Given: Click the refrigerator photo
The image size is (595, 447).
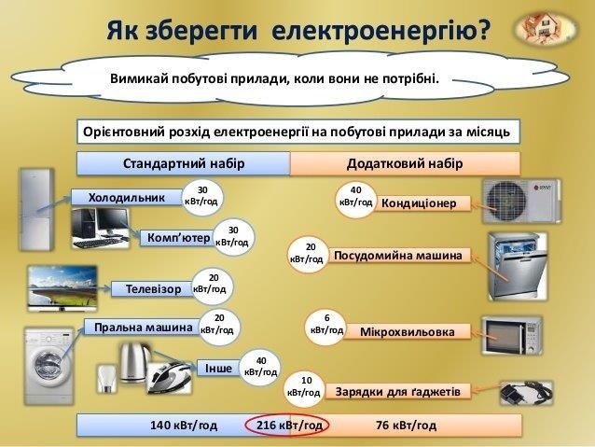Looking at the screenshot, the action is pos(36,209).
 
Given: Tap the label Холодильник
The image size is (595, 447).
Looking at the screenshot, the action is pos(127,198).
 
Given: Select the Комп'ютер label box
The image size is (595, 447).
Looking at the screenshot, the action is pos(178,238).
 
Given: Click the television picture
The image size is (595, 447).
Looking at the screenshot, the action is pos(62,288).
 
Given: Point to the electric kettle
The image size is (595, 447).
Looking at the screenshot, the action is pos(133,362).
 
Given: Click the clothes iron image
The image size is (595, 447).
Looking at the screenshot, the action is pos(170,376).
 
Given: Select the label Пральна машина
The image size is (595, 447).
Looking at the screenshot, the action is pos(144,328).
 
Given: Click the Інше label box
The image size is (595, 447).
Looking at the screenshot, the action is pos(218,369).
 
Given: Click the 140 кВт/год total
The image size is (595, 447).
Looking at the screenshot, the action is pos(184,426).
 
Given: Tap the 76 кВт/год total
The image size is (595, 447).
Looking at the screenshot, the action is pos(406,426).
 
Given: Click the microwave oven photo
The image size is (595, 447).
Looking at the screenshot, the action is pos(512,335).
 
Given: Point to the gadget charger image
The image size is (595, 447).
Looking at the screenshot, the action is pos(526,393).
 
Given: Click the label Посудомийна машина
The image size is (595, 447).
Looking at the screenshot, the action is pos(398,256).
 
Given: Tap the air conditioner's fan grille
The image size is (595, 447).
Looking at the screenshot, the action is pos(507,202).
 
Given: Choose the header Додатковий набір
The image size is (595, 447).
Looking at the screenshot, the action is pos(405,163).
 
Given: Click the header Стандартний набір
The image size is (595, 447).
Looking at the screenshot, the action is pos(184,163).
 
